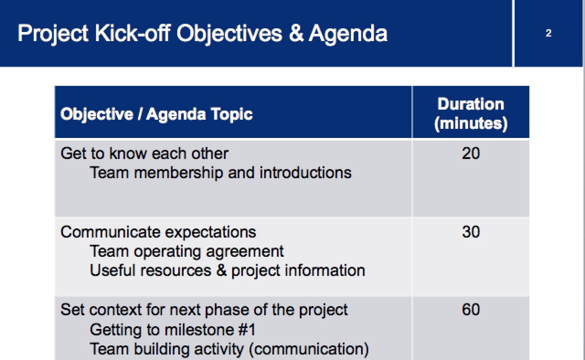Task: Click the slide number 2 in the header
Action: (548, 33)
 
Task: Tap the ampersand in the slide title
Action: (296, 33)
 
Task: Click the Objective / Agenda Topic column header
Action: (156, 114)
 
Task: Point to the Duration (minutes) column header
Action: (471, 114)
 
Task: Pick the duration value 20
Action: (471, 154)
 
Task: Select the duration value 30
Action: (471, 232)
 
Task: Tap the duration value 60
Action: (471, 310)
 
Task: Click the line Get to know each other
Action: (144, 154)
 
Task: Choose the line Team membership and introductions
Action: (221, 173)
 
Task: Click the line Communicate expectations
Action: (158, 232)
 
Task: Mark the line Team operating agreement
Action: (187, 251)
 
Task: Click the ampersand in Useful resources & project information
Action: (222, 270)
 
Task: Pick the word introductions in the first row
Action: (306, 173)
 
